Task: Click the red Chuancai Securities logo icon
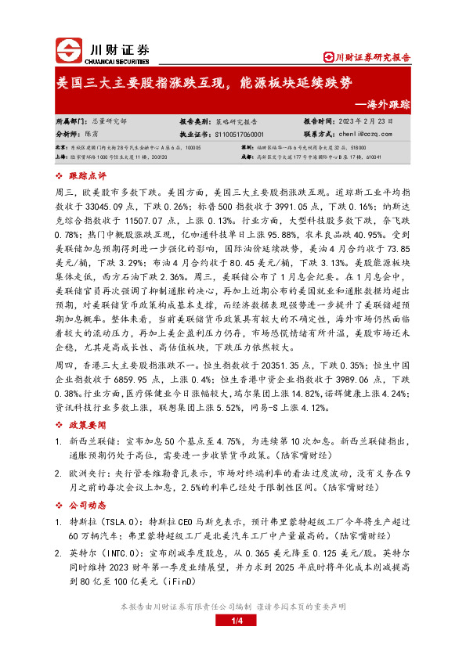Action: (x=68, y=51)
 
